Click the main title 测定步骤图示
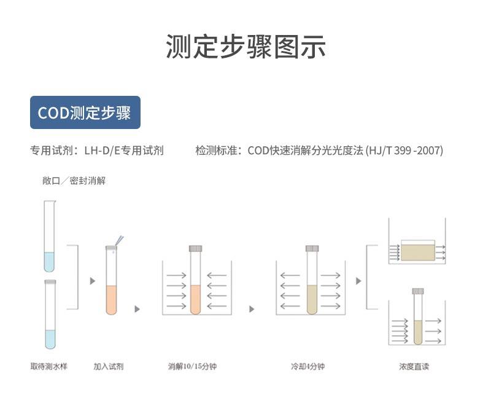point(245,47)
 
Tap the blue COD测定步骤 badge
point(85,113)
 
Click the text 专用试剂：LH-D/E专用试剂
point(97,151)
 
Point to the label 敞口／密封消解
point(74,181)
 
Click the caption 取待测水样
point(49,367)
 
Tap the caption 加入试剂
point(109,367)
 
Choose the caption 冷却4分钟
point(307,367)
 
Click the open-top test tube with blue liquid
point(49,237)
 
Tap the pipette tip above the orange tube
point(119,241)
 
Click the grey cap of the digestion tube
point(195,249)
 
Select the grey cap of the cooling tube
point(312,249)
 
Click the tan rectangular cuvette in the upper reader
point(417,251)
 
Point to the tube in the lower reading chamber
point(418,316)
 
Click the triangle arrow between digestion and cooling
point(252,309)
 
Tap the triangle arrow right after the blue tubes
point(93,281)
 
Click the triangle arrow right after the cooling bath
point(359,281)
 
